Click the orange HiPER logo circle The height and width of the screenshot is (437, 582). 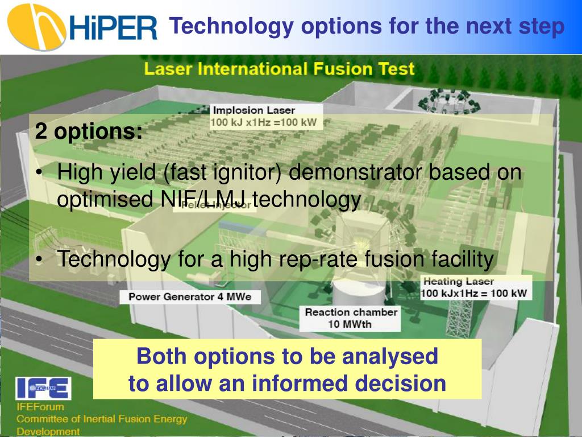click(x=35, y=27)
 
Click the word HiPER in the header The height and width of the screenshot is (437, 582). click(x=114, y=27)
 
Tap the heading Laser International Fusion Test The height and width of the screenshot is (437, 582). click(x=278, y=69)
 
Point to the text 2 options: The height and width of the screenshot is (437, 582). click(x=89, y=131)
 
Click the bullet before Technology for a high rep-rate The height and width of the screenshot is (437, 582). click(x=39, y=260)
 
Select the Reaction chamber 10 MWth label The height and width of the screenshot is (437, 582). click(x=351, y=318)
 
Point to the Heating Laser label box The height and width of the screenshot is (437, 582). click(x=476, y=288)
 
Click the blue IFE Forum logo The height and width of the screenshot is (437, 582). click(x=43, y=388)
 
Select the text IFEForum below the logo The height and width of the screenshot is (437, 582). click(x=40, y=407)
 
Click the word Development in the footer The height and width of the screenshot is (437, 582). click(x=48, y=431)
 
